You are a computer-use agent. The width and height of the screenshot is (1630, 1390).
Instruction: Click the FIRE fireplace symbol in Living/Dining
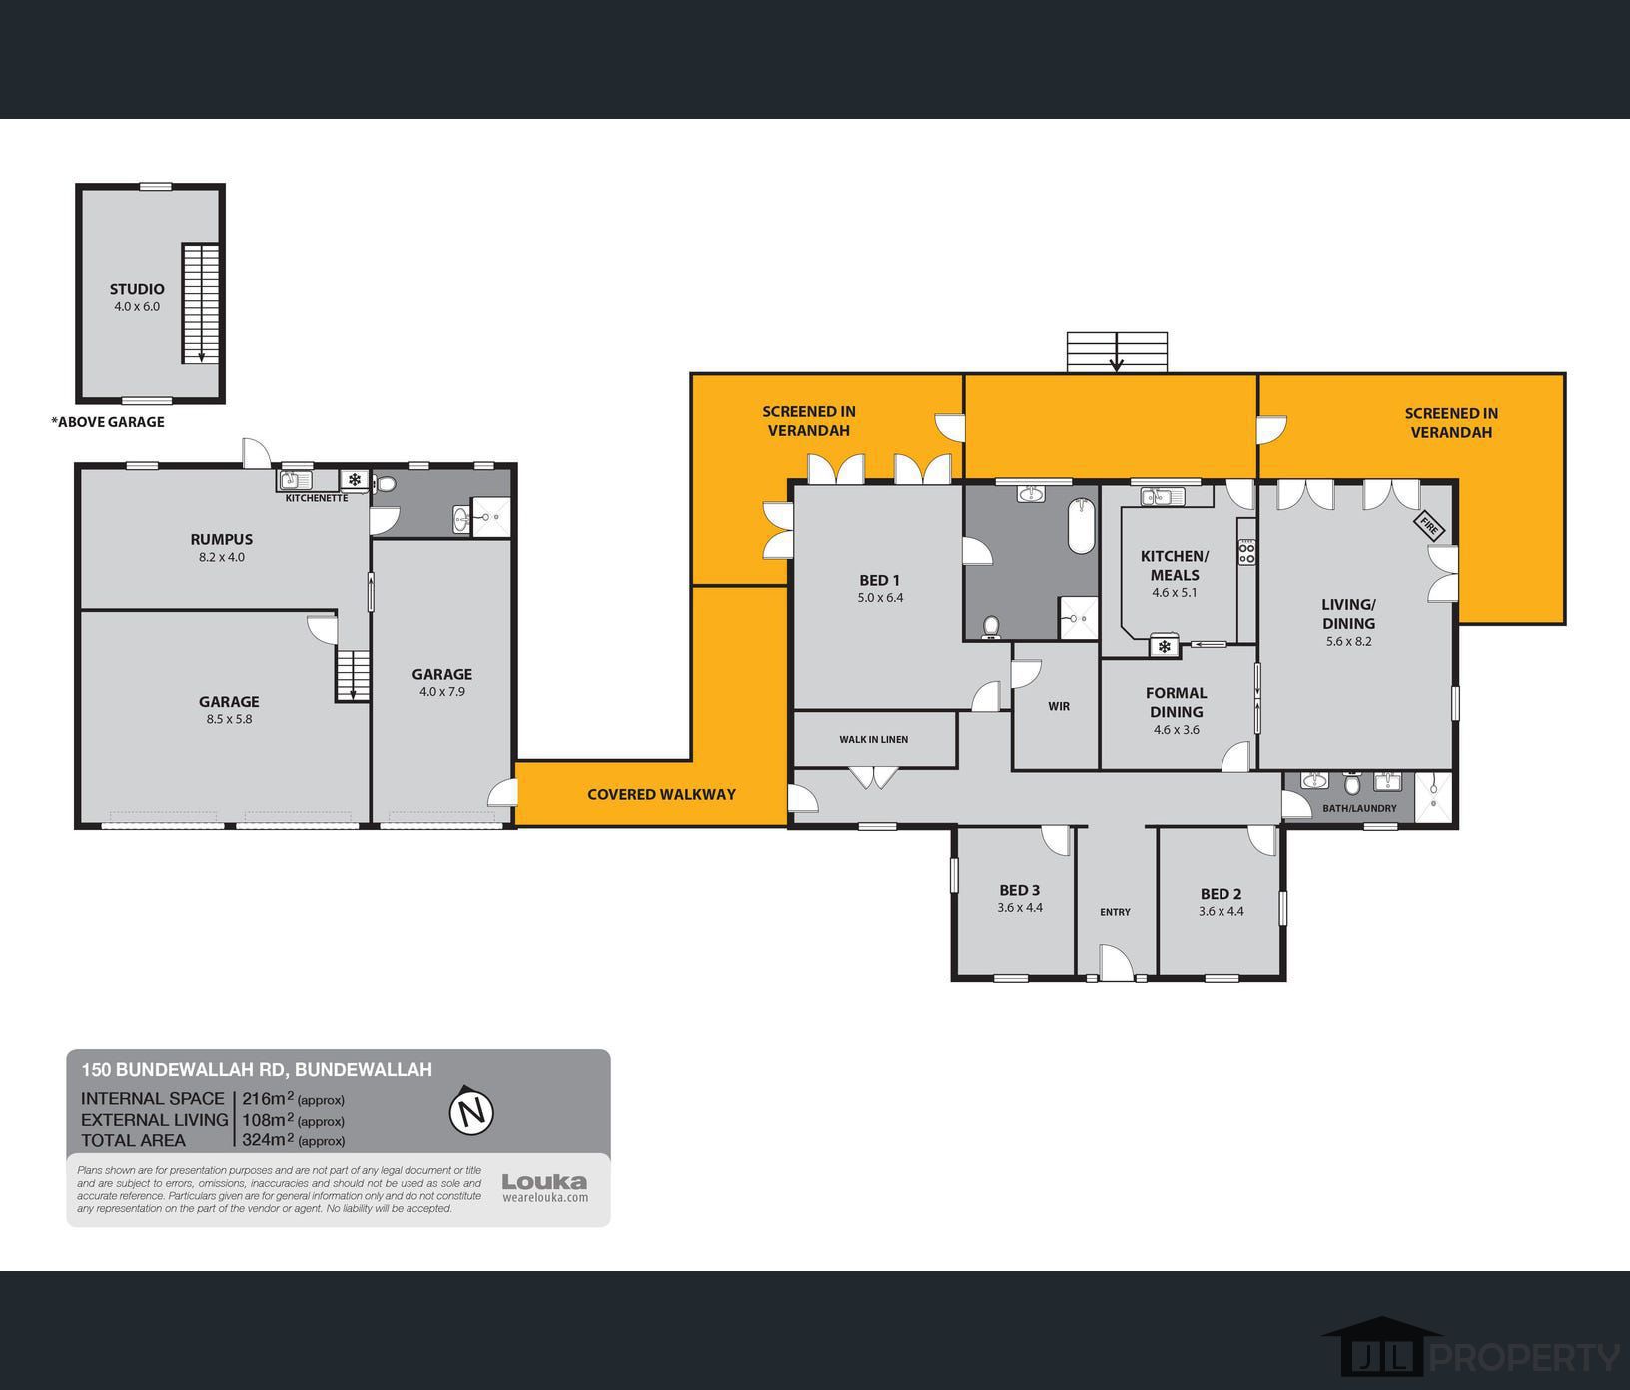pos(1429,525)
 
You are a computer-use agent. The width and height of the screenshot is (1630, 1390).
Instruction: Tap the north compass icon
pos(472,1111)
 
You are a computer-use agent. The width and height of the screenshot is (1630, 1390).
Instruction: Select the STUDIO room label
pos(137,289)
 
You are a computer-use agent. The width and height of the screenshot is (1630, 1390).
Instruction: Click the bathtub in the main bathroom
pos(1082,526)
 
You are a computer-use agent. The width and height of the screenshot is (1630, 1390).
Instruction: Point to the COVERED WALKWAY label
pos(661,795)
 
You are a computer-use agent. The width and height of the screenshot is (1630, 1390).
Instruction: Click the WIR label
pos(1059,706)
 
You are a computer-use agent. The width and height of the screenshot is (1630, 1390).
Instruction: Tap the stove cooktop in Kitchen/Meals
pos(1246,552)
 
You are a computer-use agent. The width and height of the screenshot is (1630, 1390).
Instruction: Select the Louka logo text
pos(544,1182)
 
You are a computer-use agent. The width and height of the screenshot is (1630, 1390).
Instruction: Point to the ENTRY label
pos(1115,912)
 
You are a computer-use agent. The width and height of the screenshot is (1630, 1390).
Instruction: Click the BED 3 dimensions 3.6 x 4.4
pos(1020,908)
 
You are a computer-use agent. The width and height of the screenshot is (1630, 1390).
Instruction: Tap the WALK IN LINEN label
pos(873,740)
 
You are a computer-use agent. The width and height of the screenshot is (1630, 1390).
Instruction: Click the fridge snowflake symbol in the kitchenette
pos(354,479)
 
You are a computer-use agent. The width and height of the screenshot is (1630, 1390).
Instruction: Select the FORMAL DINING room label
pos(1176,702)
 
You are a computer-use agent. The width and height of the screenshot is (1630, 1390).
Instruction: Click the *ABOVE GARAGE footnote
pos(108,422)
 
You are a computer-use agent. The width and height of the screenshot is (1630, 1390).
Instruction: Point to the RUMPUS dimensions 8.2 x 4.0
pos(222,557)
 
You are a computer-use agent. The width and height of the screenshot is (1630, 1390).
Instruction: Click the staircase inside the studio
pos(200,304)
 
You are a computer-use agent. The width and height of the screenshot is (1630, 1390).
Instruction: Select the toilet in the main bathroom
pos(991,626)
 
